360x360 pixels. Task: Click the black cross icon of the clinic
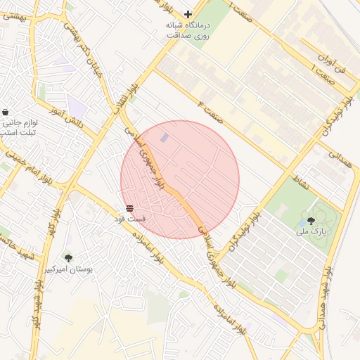188,14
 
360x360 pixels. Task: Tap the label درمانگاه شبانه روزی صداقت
188,30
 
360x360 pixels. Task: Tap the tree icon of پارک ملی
311,221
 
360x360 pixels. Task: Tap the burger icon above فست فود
129,209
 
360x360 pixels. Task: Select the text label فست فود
129,219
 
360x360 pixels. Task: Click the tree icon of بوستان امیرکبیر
68,258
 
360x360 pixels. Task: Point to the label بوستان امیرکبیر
67,269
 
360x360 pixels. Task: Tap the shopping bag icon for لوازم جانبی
6,112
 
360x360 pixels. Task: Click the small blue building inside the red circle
165,139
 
